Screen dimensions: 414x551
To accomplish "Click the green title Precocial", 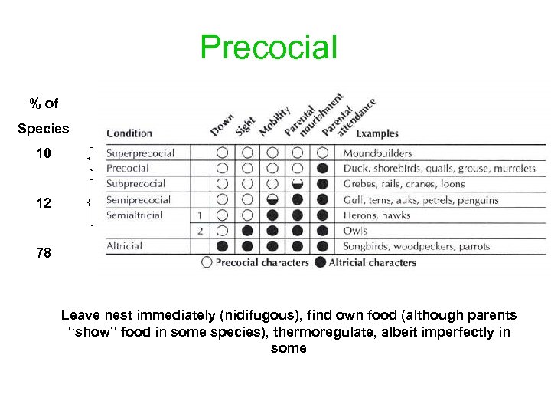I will pyautogui.click(x=269, y=47).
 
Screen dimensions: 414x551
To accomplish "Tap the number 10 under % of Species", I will pyautogui.click(x=44, y=154).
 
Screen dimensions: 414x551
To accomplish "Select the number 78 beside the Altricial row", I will pyautogui.click(x=44, y=252).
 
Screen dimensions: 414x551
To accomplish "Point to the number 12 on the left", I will pyautogui.click(x=44, y=204).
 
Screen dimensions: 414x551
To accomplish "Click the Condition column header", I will pyautogui.click(x=129, y=133).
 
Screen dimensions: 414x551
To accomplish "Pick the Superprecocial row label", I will pyautogui.click(x=140, y=153).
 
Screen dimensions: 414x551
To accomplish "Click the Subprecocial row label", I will pyautogui.click(x=135, y=184).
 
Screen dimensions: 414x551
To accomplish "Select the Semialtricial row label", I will pyautogui.click(x=135, y=215).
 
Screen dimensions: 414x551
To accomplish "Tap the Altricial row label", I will pyautogui.click(x=124, y=246).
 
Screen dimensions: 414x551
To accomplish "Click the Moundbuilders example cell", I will pyautogui.click(x=377, y=153).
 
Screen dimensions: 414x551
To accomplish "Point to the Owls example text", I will pyautogui.click(x=355, y=231).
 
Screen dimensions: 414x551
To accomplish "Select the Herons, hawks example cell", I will pyautogui.click(x=377, y=215).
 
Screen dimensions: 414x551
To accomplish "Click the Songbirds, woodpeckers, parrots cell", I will pyautogui.click(x=416, y=246).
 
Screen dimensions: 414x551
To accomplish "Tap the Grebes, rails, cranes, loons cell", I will pyautogui.click(x=403, y=184).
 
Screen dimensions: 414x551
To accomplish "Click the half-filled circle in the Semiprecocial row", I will pyautogui.click(x=272, y=200).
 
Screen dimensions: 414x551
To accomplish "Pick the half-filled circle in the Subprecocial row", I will pyautogui.click(x=298, y=184).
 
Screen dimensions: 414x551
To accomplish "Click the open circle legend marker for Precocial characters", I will pyautogui.click(x=207, y=263).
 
